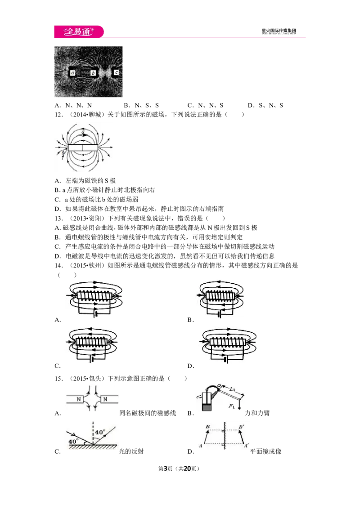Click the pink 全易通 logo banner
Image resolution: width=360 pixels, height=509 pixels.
pos(79,31)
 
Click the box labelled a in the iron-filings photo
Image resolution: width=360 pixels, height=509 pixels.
pos(72,73)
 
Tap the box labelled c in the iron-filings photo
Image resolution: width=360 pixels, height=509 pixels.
pos(116,72)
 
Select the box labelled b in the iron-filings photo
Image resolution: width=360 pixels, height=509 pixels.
pos(93,73)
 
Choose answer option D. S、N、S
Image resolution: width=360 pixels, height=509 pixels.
pos(265,105)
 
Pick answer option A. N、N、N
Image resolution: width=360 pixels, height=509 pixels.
pos(73,105)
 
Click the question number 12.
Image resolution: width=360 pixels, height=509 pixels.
pos(58,115)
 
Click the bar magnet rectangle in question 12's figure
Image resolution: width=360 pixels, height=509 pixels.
pos(83,147)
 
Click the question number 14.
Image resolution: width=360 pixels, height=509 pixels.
pos(58,266)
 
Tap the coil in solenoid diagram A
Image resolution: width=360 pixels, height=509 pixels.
pos(94,296)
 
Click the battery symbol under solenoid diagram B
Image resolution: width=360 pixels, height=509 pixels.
pos(219,314)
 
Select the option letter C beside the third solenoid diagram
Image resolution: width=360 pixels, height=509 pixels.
pos(58,366)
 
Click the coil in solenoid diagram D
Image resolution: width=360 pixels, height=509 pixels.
pos(227,342)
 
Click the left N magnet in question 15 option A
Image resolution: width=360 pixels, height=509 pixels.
pos(76,399)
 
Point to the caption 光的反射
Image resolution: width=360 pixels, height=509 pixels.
pos(131,451)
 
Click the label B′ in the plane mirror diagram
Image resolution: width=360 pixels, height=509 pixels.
pos(241,427)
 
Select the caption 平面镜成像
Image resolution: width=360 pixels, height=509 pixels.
pos(265,451)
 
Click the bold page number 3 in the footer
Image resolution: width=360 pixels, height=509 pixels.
pos(165,469)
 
